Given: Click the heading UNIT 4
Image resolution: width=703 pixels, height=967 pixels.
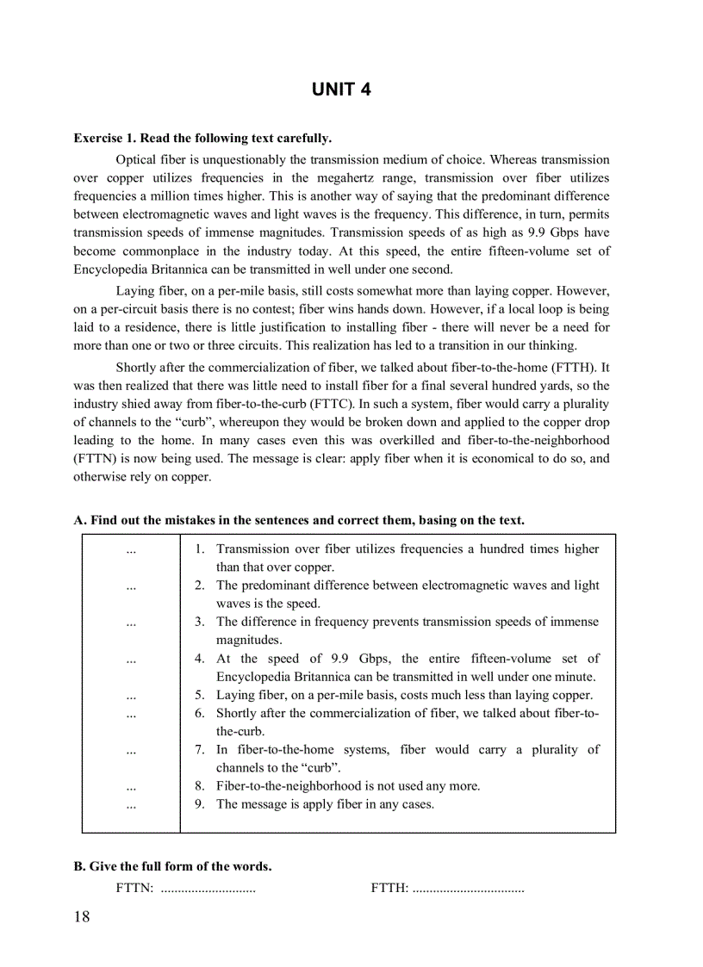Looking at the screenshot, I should point(341,90).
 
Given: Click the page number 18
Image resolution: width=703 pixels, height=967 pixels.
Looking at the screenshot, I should point(82,916).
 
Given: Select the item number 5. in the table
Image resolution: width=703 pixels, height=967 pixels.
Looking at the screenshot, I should point(199,696).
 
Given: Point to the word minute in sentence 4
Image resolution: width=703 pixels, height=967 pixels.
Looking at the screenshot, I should point(576,677).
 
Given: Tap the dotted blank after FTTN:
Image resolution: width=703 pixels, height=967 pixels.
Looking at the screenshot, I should point(208,888).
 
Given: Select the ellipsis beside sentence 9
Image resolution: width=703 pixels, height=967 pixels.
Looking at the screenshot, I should point(131,804).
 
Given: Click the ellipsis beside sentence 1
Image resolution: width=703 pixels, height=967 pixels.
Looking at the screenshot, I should point(131,549).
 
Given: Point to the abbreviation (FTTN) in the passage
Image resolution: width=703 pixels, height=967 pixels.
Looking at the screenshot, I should point(95,458).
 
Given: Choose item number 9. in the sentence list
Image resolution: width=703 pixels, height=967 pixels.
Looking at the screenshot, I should point(199,804).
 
